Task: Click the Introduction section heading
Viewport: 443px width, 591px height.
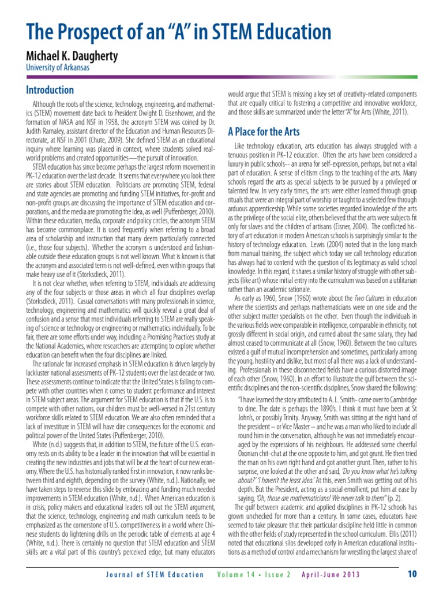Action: pyautogui.click(x=50, y=90)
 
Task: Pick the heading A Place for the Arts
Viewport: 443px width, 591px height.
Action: pyautogui.click(x=263, y=130)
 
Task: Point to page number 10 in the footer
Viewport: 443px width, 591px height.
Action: pyautogui.click(x=412, y=574)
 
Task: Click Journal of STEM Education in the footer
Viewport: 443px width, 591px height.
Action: pyautogui.click(x=155, y=574)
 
